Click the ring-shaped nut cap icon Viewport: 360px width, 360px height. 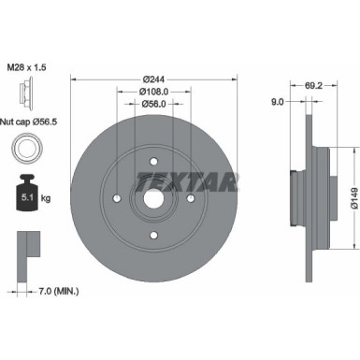click(x=25, y=150)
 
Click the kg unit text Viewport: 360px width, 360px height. click(x=45, y=197)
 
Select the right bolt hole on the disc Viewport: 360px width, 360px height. click(x=190, y=197)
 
